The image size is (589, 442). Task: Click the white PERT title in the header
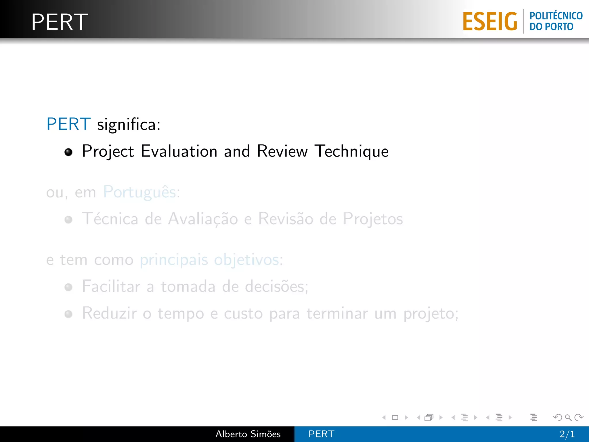(60, 22)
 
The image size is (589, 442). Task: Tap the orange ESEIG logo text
(490, 22)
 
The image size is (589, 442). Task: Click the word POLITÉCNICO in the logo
(556, 16)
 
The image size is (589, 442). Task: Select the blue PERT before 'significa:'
(68, 124)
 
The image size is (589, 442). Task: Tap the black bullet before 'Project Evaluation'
(68, 152)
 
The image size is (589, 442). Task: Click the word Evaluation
(179, 151)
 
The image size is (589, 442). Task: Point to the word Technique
(351, 151)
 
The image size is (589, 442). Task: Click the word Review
(282, 151)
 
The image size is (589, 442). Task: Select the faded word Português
(139, 192)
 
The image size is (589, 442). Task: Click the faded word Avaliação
(203, 219)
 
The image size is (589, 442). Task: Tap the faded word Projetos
(373, 219)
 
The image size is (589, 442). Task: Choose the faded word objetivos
(246, 260)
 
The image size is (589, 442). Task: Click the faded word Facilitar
(111, 287)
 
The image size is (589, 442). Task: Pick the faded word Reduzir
(109, 313)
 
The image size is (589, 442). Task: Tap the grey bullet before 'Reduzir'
(68, 314)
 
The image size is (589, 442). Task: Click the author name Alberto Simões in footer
(248, 434)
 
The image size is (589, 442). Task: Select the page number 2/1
(567, 434)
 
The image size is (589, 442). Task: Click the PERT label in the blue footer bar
(321, 434)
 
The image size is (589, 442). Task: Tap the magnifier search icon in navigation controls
(568, 417)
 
